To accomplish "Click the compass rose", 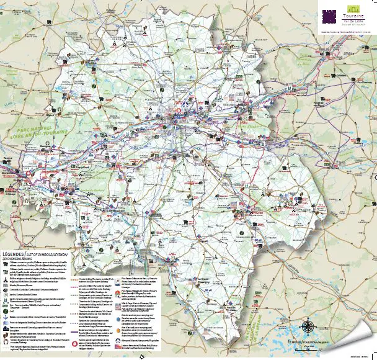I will tap(308, 326).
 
